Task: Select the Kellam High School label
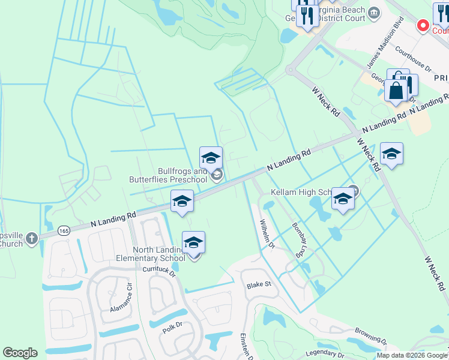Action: tap(300, 192)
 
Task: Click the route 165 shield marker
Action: tap(63, 230)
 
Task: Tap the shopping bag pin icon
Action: tap(396, 91)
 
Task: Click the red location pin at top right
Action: tap(423, 26)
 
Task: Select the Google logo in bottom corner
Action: tap(20, 353)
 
